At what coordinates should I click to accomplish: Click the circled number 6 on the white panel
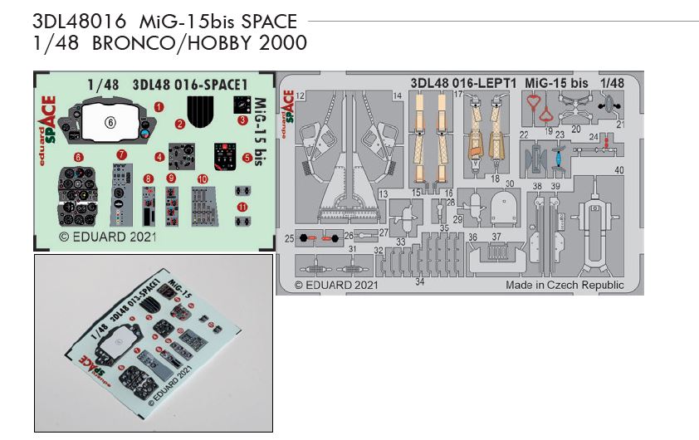[110, 121]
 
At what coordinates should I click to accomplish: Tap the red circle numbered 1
[159, 105]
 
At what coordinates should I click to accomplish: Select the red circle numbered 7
[121, 154]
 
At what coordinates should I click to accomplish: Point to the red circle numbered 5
[247, 157]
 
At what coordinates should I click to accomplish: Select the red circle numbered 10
[202, 178]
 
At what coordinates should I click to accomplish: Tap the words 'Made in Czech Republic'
[565, 285]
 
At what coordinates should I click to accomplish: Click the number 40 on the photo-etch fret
[618, 170]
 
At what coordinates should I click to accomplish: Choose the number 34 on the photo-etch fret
[420, 282]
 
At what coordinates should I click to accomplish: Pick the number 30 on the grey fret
[510, 183]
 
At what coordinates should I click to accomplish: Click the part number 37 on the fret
[496, 237]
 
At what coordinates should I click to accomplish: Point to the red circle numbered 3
[242, 120]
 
